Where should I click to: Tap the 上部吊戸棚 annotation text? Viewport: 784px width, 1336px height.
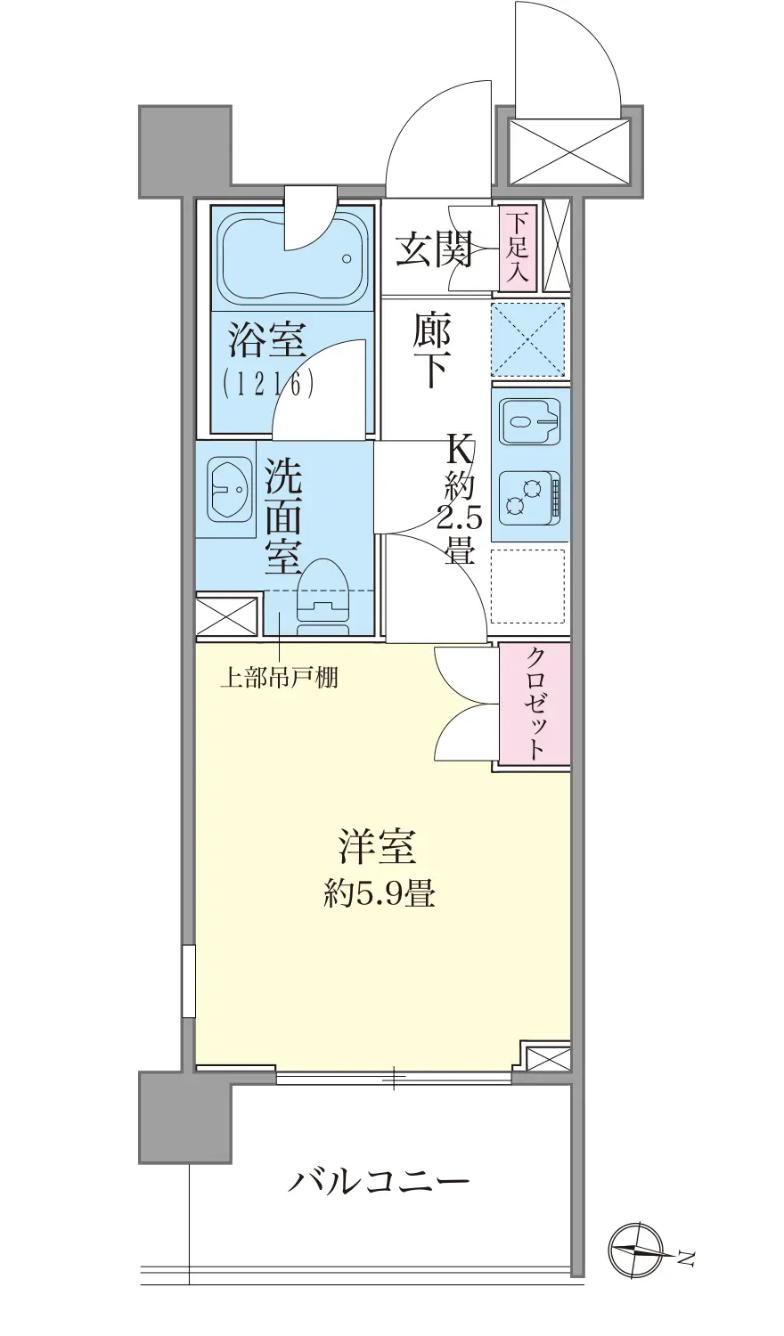[x=279, y=678]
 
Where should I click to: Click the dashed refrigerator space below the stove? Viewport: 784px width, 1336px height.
[x=528, y=585]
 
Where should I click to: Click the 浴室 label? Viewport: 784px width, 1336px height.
[x=266, y=340]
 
